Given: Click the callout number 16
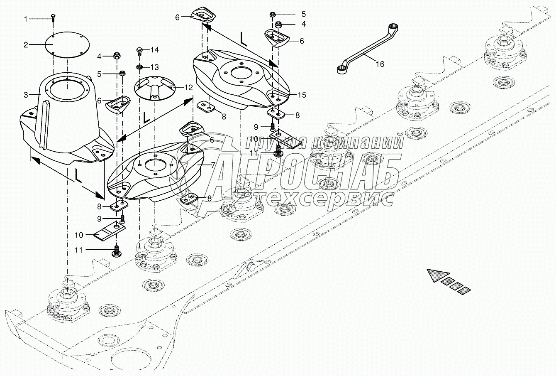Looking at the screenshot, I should pyautogui.click(x=380, y=64).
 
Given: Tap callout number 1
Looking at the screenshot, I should pyautogui.click(x=26, y=19).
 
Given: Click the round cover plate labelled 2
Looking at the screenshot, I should pyautogui.click(x=66, y=44).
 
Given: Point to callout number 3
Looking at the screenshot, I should pyautogui.click(x=26, y=95).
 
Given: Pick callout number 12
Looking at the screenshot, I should pyautogui.click(x=189, y=88).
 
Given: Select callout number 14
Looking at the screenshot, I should pyautogui.click(x=154, y=50).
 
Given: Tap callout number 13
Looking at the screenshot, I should pyautogui.click(x=154, y=67).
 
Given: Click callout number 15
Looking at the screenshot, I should pyautogui.click(x=302, y=95).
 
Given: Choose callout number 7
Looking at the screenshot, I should pyautogui.click(x=213, y=165).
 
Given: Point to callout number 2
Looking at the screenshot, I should pyautogui.click(x=26, y=44).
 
